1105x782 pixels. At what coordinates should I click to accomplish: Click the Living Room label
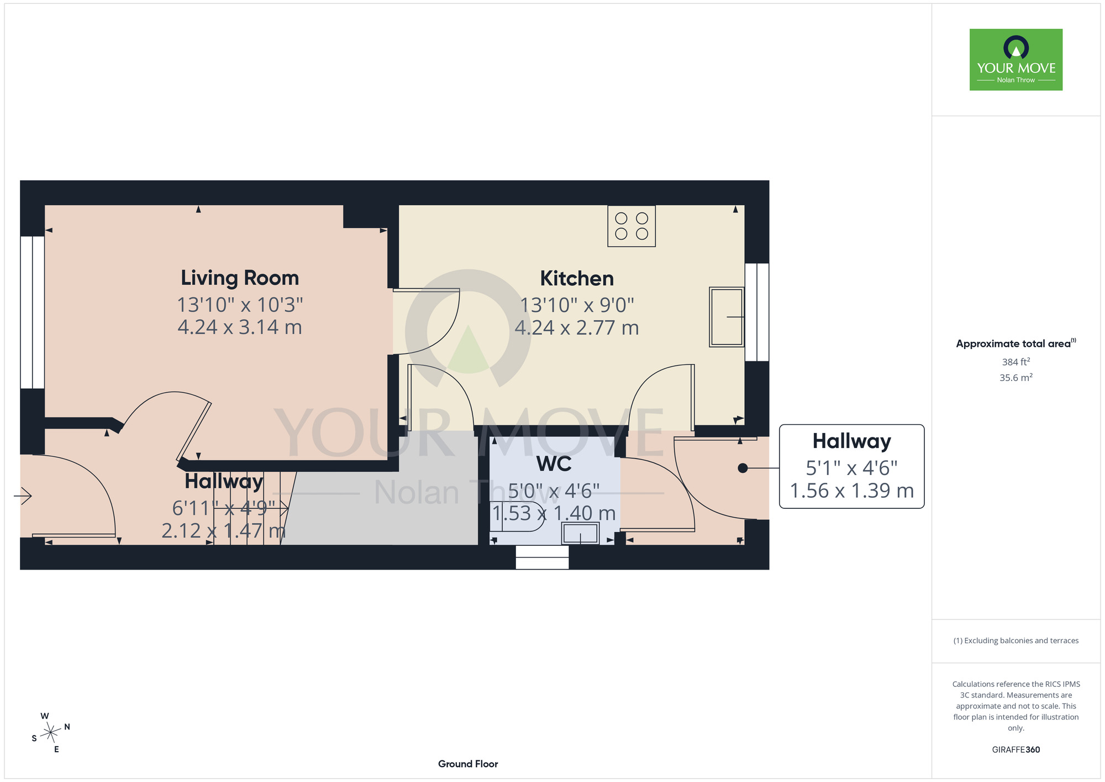click(240, 278)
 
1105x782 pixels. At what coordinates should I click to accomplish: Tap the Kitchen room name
click(577, 278)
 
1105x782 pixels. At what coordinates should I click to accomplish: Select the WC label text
click(554, 464)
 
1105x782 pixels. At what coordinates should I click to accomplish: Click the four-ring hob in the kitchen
click(632, 226)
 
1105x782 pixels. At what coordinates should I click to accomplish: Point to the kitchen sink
click(727, 317)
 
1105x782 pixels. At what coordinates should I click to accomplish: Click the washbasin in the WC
click(580, 534)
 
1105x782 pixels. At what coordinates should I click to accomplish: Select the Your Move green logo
click(1016, 60)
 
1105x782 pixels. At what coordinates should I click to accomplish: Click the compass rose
click(51, 733)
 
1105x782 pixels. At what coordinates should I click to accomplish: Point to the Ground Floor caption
click(468, 764)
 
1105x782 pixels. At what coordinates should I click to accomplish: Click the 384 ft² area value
click(1016, 362)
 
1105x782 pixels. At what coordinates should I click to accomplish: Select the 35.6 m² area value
click(1016, 378)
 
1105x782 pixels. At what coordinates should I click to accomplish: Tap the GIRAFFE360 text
click(1016, 750)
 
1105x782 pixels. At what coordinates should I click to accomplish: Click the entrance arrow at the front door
click(23, 496)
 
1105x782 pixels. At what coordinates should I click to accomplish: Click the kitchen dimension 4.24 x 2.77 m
click(577, 327)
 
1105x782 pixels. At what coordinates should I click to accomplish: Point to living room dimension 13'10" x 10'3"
click(240, 304)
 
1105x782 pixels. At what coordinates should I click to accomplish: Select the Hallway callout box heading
click(852, 441)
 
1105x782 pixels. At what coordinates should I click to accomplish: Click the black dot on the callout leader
click(743, 468)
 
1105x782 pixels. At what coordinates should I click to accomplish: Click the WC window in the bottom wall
click(542, 557)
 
